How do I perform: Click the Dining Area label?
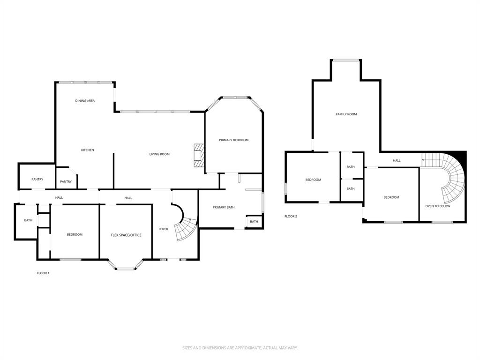tap(85, 101)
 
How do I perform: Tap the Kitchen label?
tap(88, 150)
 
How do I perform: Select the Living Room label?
tap(159, 154)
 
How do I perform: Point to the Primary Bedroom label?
tap(233, 140)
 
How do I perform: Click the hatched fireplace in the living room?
tap(199, 155)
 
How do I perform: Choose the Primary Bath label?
tap(224, 207)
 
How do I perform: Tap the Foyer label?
tap(163, 229)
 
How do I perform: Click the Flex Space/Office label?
tap(126, 235)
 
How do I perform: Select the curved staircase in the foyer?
tap(186, 229)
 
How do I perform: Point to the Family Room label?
tap(346, 114)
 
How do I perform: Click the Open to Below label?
tap(437, 206)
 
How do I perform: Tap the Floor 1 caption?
tap(43, 273)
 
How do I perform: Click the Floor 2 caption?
tap(291, 217)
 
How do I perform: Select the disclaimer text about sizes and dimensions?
tap(240, 348)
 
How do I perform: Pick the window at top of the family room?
tap(346, 60)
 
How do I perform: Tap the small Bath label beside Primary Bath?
tap(254, 222)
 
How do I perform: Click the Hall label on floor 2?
tap(397, 161)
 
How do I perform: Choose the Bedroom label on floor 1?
tap(75, 235)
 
